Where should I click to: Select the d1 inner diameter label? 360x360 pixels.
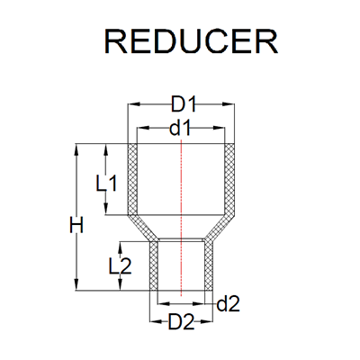pyautogui.click(x=181, y=127)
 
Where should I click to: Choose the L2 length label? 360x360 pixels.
pyautogui.click(x=120, y=266)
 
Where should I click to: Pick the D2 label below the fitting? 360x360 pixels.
pyautogui.click(x=182, y=320)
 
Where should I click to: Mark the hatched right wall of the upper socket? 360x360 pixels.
pyautogui.click(x=229, y=180)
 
